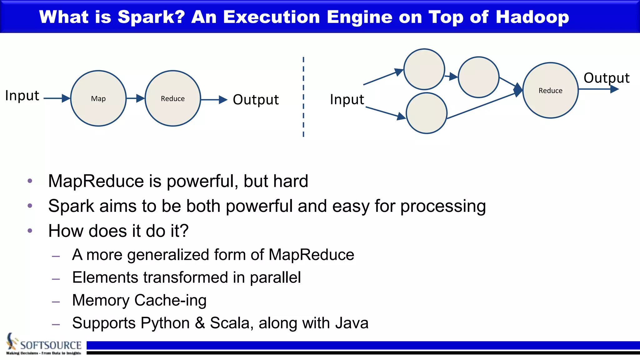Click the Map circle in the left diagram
click(x=98, y=98)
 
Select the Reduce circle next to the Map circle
click(x=172, y=98)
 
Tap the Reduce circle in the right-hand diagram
click(x=550, y=91)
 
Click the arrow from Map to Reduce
click(x=135, y=98)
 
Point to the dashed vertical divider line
click(x=303, y=97)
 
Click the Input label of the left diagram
click(x=22, y=96)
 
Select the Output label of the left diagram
click(x=256, y=100)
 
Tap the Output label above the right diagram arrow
click(x=606, y=78)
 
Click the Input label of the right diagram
click(x=347, y=100)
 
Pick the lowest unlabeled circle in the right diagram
click(x=427, y=113)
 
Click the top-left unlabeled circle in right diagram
click(x=424, y=69)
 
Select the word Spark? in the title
click(x=151, y=17)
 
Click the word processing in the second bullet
click(x=443, y=206)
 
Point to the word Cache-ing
click(x=170, y=300)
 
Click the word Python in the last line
click(x=165, y=323)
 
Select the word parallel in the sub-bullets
click(x=275, y=277)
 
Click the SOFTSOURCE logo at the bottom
click(x=44, y=345)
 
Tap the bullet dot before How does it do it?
click(x=30, y=231)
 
